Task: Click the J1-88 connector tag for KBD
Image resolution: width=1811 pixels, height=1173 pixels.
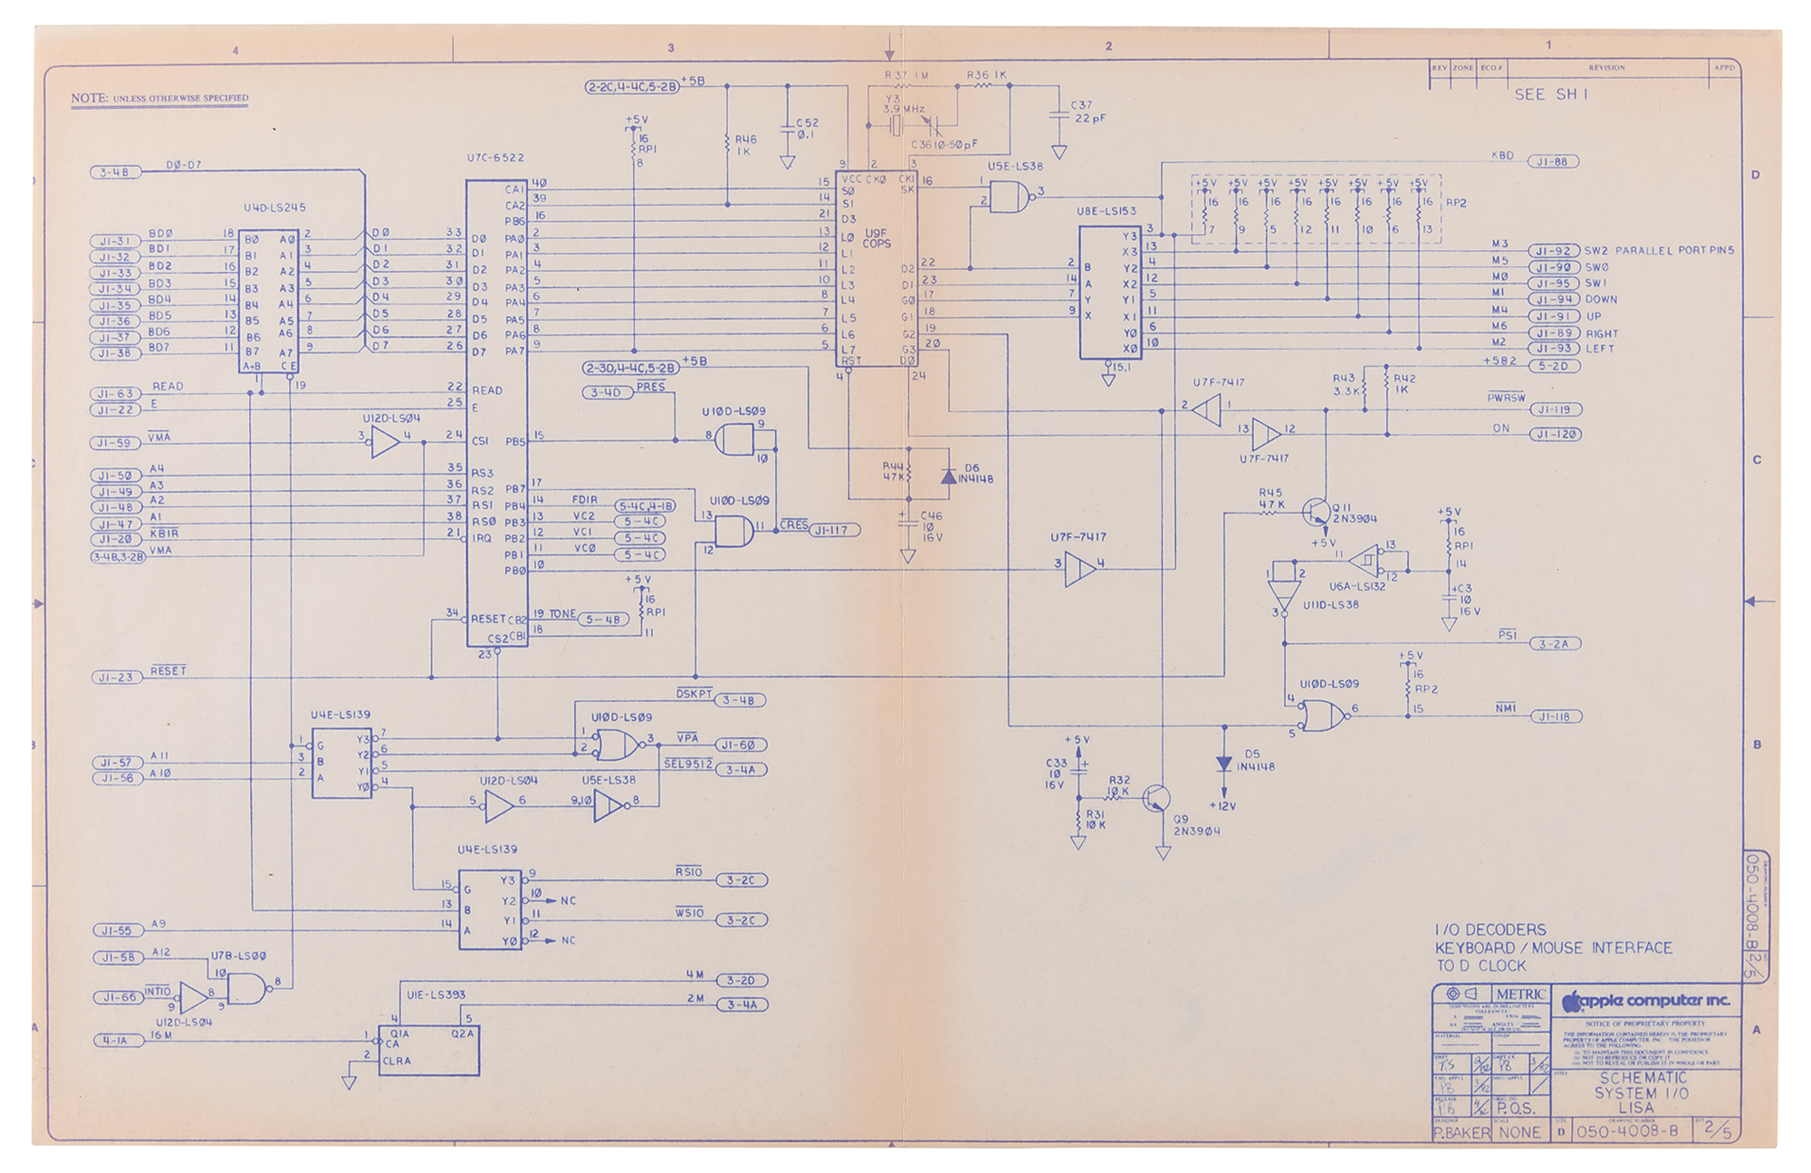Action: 1553,161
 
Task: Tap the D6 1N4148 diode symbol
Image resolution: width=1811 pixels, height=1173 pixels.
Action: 948,476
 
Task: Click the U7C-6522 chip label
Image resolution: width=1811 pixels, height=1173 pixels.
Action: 495,158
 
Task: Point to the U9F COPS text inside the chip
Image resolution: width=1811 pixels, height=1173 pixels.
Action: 876,238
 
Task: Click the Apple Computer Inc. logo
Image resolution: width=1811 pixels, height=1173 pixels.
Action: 1645,1001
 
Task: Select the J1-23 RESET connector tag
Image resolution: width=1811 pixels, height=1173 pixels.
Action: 116,677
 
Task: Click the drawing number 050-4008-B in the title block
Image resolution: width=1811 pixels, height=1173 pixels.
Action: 1627,1131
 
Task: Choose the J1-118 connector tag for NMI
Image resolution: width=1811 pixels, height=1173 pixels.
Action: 1555,716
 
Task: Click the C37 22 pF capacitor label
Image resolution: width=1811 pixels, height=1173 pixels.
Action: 1088,112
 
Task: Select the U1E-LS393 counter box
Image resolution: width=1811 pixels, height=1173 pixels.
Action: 428,1050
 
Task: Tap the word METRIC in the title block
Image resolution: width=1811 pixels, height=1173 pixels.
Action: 1520,995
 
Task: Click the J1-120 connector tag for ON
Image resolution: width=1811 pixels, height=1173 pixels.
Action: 1555,435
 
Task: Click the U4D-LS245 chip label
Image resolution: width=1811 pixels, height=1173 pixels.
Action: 274,207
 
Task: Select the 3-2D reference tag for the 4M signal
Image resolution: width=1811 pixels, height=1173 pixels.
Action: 741,980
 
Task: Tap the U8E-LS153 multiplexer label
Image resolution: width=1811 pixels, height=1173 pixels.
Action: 1106,211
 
